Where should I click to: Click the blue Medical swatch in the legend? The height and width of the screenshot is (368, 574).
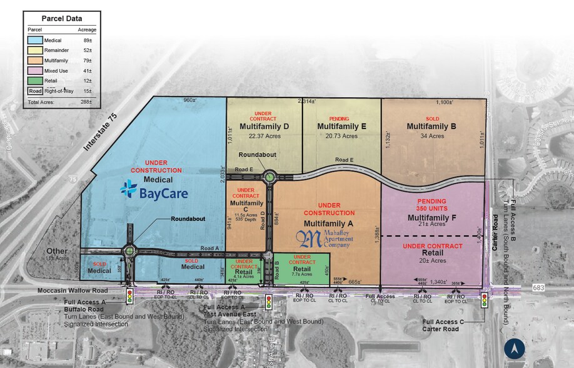click(x=36, y=39)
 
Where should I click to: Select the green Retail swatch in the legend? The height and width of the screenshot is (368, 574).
click(x=36, y=81)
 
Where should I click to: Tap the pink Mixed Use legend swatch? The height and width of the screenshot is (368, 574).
click(x=36, y=71)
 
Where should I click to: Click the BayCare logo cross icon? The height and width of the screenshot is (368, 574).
click(x=128, y=188)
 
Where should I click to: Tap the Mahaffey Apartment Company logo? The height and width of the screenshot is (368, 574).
click(x=325, y=240)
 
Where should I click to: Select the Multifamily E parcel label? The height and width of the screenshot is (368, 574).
click(x=341, y=126)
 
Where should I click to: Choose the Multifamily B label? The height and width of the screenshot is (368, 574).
click(x=431, y=126)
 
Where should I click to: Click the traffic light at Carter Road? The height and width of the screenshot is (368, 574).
click(x=483, y=301)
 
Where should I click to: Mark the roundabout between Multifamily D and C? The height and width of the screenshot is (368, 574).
click(x=269, y=177)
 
